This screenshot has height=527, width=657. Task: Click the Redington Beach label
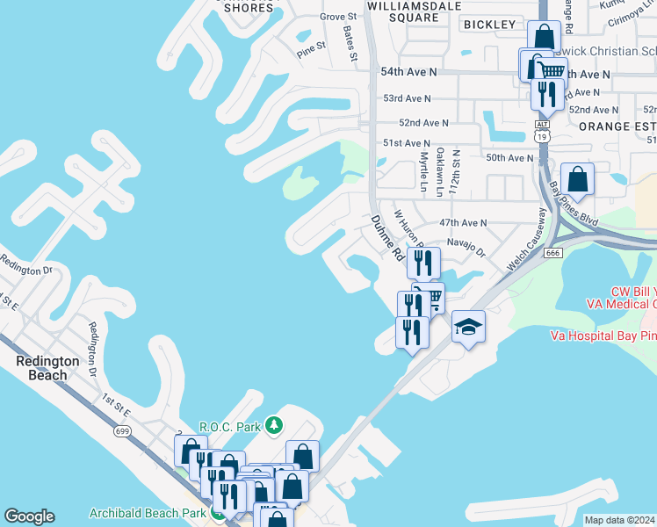tap(47, 368)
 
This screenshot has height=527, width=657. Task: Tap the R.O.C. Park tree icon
tap(274, 426)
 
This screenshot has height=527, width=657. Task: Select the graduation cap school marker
tap(468, 328)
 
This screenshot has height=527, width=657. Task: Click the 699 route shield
tap(122, 430)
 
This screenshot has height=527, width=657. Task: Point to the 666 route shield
tap(552, 253)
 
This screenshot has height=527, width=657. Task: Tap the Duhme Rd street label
tap(386, 239)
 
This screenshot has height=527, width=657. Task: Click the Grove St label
tap(338, 17)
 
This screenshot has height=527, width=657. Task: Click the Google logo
tap(29, 516)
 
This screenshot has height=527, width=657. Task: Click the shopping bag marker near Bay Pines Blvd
tap(577, 179)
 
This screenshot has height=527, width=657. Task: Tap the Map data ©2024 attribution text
tap(620, 520)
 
